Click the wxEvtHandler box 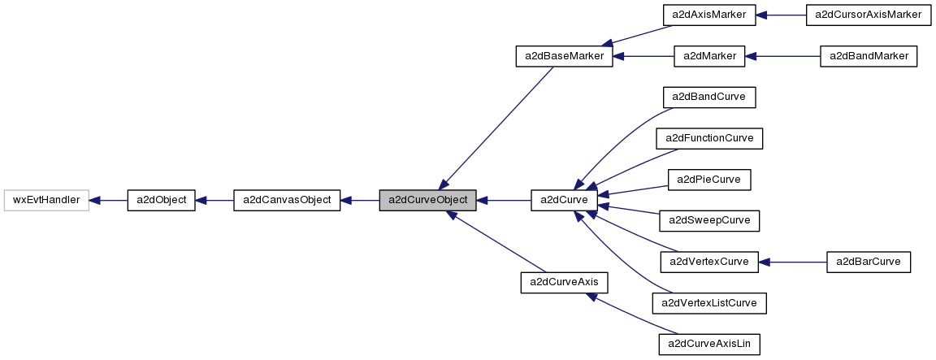(x=45, y=200)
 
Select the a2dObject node (x=161, y=200)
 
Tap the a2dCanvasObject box (x=286, y=200)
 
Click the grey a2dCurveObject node (x=427, y=200)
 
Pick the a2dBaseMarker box (x=564, y=57)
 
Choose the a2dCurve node (x=564, y=200)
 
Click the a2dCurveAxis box (x=564, y=282)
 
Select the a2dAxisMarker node (x=709, y=15)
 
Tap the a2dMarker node (x=709, y=57)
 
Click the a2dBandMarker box (x=869, y=57)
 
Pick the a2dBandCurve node (x=709, y=98)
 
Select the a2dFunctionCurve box (x=709, y=139)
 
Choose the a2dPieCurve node (x=709, y=179)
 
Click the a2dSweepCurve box (x=709, y=220)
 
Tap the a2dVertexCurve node (x=709, y=262)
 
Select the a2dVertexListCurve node (x=709, y=303)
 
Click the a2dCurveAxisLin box (x=709, y=344)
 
